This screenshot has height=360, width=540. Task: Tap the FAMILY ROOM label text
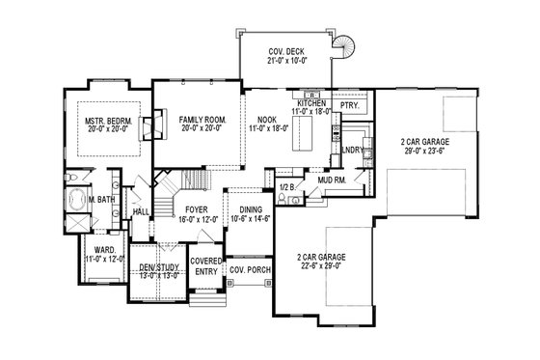click(x=202, y=119)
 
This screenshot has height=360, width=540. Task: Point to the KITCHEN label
click(x=313, y=102)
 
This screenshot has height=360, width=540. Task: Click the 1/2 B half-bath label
click(x=285, y=186)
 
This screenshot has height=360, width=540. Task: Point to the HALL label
click(x=140, y=210)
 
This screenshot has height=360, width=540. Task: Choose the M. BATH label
click(x=103, y=200)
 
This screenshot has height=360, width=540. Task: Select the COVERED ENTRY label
click(x=204, y=267)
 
